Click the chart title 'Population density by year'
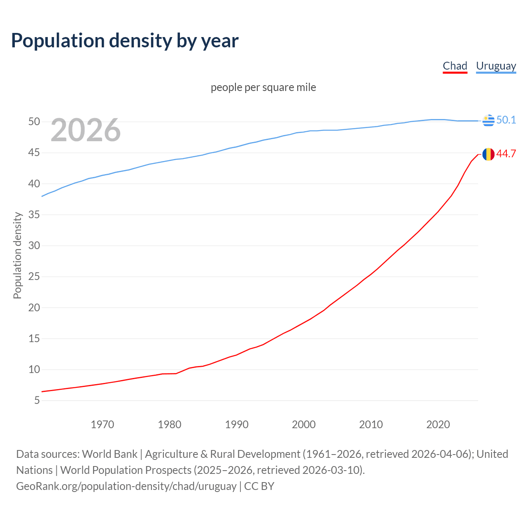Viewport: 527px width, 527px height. tap(125, 41)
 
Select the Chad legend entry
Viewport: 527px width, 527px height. tap(455, 66)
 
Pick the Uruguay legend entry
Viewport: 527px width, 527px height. tap(496, 66)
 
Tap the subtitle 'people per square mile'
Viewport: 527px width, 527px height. tap(263, 87)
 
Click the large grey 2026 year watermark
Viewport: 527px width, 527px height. tap(86, 130)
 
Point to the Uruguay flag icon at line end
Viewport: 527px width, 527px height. tap(488, 121)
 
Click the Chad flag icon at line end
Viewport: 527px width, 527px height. tap(488, 154)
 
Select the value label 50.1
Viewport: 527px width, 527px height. tap(506, 120)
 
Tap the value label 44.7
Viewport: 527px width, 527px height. tap(506, 154)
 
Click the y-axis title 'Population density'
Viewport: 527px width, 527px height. tap(17, 255)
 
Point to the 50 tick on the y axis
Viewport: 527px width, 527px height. tap(34, 122)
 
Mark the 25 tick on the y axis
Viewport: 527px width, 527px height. tap(34, 277)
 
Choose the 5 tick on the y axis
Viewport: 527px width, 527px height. tap(37, 401)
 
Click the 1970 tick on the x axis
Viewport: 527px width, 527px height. tap(102, 424)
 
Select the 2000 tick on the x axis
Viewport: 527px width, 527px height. tap(303, 424)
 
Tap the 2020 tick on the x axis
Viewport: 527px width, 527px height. tap(438, 424)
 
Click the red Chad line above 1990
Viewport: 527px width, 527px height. tap(236, 355)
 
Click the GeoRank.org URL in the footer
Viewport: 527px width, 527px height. tap(126, 486)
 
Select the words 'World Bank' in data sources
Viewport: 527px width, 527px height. tap(110, 454)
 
